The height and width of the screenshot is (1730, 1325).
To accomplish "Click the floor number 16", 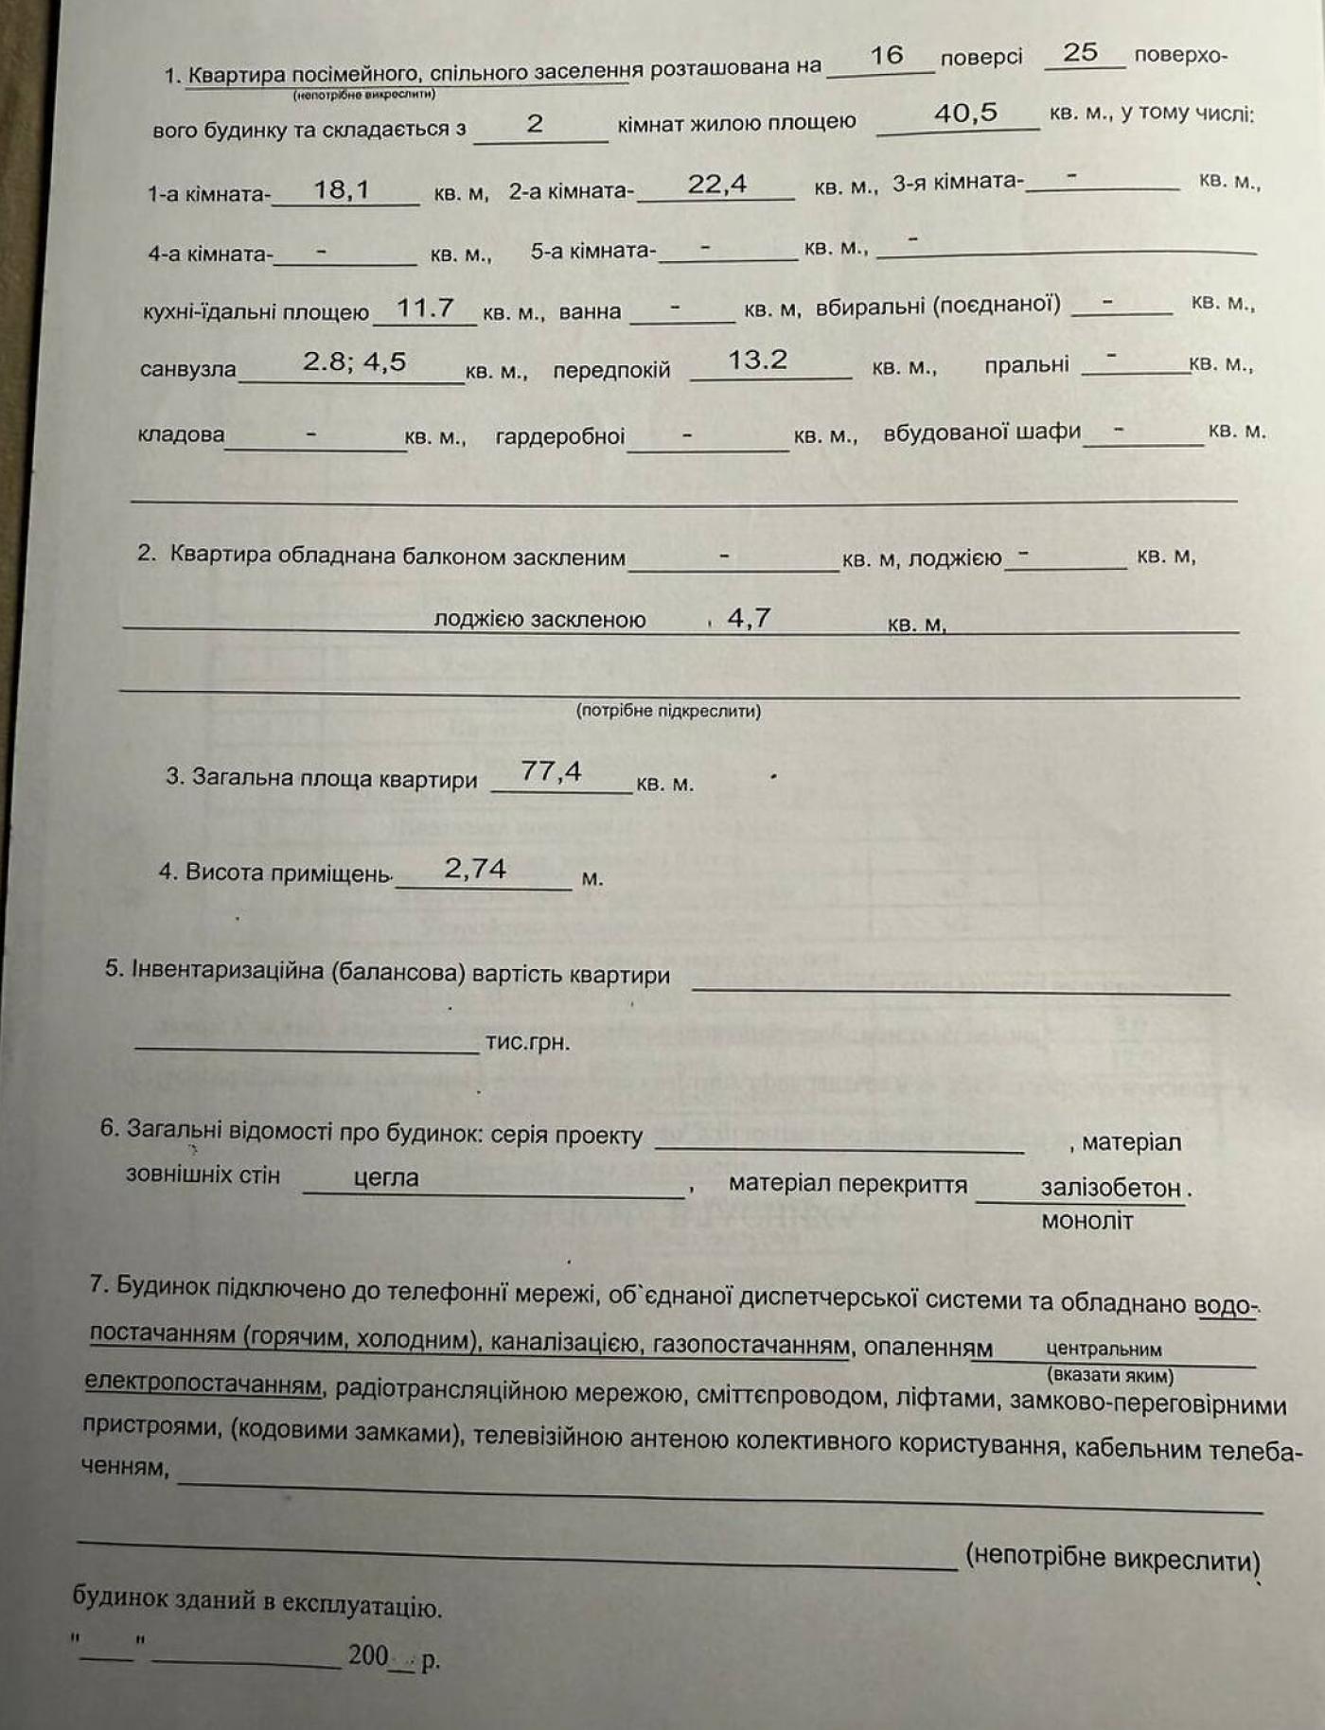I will (x=886, y=55).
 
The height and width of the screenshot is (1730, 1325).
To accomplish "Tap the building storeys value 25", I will (x=1080, y=52).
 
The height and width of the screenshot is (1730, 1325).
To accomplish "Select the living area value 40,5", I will (x=965, y=113).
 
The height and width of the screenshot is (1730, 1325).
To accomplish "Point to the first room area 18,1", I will (x=341, y=189).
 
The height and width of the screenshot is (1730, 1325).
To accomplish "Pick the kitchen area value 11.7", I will (x=425, y=308).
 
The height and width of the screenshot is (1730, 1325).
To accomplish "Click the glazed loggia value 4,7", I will (x=749, y=618).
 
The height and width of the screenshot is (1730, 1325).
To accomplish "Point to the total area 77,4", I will (x=551, y=771).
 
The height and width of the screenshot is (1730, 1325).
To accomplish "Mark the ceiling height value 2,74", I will (x=475, y=868).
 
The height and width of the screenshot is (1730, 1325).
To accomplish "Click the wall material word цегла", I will (x=385, y=1177).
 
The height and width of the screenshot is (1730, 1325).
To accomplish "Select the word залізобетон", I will (x=1110, y=1188).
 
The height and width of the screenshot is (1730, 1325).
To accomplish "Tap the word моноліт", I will (x=1086, y=1221).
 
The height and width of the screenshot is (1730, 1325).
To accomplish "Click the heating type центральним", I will (x=1104, y=1349).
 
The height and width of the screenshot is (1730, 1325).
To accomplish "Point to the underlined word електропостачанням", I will (x=203, y=1383).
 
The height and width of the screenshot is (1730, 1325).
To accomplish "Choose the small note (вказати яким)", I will (x=1110, y=1375).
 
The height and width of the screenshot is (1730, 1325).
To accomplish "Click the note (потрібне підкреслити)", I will (x=668, y=711).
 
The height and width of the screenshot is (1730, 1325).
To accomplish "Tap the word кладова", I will (x=181, y=434).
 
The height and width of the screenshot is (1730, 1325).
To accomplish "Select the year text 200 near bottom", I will (x=368, y=1655).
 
